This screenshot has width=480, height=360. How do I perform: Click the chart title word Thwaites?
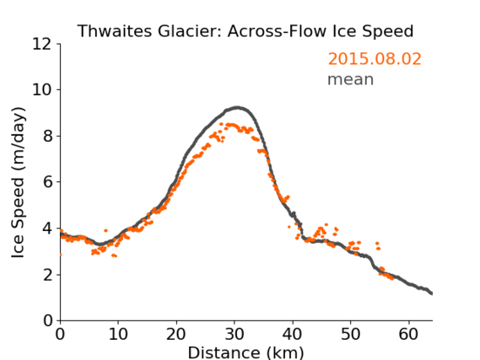tap(115, 31)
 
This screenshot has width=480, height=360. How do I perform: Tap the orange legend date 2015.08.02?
tap(375, 59)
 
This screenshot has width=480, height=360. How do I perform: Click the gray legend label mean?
tap(351, 79)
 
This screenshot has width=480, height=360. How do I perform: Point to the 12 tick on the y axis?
tap(42, 45)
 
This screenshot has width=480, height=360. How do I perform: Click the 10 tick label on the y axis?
tap(42, 90)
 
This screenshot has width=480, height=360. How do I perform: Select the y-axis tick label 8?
tap(47, 136)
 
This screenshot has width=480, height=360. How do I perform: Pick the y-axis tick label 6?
tap(47, 182)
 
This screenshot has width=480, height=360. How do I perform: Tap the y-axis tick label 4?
tap(47, 228)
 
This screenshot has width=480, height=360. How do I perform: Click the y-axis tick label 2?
tap(47, 275)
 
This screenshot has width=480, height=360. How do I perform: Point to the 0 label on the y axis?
tap(47, 321)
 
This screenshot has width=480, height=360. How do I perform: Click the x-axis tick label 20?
tap(176, 334)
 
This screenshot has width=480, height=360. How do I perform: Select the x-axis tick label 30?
tap(235, 334)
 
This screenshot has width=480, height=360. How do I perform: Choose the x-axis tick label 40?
tap(293, 334)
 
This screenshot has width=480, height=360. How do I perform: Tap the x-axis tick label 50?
tap(351, 334)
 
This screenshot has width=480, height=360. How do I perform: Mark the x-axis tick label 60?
tap(408, 334)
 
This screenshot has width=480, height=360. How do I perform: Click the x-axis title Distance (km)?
tap(245, 352)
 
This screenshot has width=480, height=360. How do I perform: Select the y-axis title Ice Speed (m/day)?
tap(18, 183)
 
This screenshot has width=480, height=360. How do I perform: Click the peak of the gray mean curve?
tap(237, 108)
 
